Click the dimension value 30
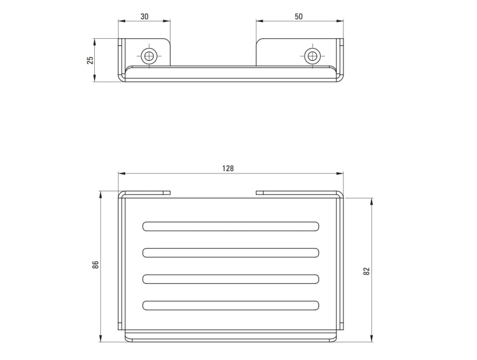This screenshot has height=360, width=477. coord(144,17)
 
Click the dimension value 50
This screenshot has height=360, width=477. coord(299,17)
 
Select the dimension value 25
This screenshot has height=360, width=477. coord(91,60)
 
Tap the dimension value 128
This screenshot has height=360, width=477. coord(228,169)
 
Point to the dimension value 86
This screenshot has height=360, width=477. coord(95,265)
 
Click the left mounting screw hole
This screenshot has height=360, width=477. coord(148,57)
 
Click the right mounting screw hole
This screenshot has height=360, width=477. coord(311,57)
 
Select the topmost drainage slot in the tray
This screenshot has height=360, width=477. coord(231,226)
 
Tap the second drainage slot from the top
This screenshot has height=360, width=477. coord(231,252)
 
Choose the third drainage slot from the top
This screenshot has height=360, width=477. coord(231,278)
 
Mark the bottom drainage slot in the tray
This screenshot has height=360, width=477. coord(231,305)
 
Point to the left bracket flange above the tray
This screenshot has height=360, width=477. coord(146,193)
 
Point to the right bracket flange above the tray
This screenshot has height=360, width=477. coord(298,193)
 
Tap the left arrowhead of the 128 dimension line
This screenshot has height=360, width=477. coord(120,173)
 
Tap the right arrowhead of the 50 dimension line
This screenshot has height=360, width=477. coord(342,21)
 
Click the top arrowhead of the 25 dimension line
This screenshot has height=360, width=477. coord(95,41)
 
